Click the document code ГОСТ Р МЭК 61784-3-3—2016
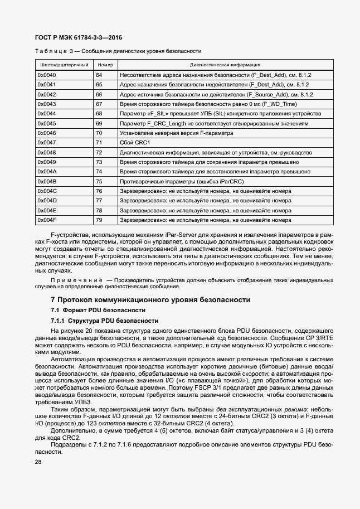[79, 37]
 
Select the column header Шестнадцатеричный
[63, 65]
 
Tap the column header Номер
[104, 65]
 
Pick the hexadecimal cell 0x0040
[47, 75]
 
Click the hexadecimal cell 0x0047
[47, 143]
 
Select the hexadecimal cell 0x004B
[47, 181]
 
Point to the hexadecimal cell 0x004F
[47, 220]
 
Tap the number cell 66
[99, 94]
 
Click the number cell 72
[99, 152]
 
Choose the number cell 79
[99, 220]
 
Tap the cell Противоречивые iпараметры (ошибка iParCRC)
[183, 181]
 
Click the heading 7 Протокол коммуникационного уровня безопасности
[150, 300]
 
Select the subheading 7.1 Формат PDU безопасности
[91, 310]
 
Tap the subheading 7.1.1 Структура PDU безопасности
[97, 321]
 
